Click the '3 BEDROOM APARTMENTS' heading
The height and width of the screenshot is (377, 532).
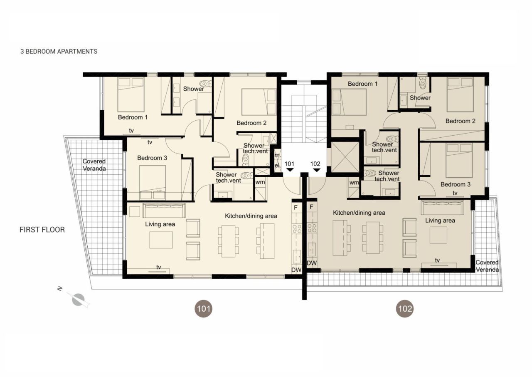coord(59,52)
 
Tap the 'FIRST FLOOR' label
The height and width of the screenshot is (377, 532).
coord(42,230)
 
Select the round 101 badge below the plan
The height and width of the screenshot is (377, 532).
coord(204,309)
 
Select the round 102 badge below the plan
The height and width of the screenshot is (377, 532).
coord(404,309)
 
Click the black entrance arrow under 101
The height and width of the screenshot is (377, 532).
coord(290,170)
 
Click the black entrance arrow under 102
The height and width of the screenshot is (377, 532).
coord(316,170)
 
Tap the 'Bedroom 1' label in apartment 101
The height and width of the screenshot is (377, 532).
coord(133,117)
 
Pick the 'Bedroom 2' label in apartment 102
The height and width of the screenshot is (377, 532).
coord(461,121)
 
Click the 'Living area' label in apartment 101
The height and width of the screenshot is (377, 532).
coord(160,224)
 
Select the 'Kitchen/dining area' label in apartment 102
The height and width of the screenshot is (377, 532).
coord(359,213)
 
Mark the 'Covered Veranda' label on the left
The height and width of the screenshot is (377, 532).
coord(94,165)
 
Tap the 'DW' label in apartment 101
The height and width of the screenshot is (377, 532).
coord(296,270)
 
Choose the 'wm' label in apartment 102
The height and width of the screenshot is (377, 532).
coord(354,183)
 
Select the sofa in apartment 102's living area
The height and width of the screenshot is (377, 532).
coord(442,207)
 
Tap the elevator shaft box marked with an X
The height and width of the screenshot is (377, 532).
coord(345,156)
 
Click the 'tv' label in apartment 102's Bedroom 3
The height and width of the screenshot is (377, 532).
coord(455,193)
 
